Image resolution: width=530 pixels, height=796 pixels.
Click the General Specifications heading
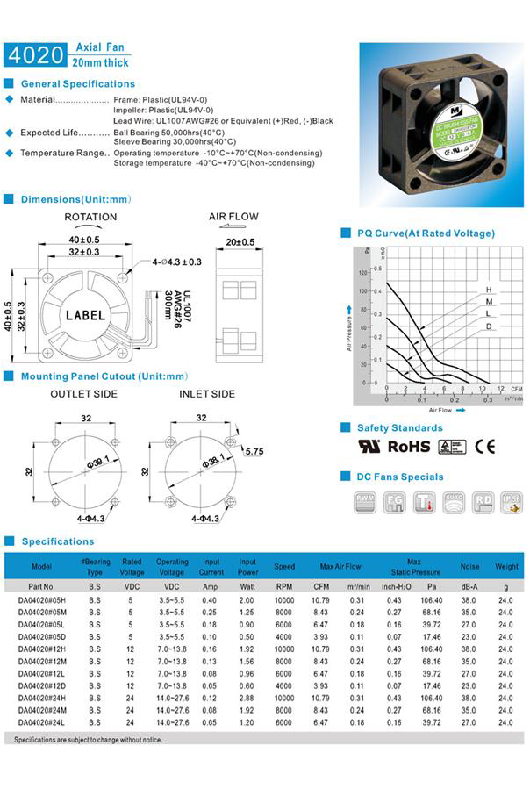78,84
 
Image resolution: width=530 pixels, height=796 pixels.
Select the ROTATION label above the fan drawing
90,217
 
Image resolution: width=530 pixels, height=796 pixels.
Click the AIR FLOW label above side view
233,216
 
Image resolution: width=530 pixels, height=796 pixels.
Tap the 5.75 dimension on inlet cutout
255,451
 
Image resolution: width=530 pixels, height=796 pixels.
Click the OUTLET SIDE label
83,394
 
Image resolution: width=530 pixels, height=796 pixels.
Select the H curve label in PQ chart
488,290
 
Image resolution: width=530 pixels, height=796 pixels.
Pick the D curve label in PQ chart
488,326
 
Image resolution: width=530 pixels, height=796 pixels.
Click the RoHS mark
409,446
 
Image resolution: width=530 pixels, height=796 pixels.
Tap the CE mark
484,446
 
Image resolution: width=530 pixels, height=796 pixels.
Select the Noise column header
469,566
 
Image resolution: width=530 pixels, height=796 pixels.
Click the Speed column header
284,566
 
